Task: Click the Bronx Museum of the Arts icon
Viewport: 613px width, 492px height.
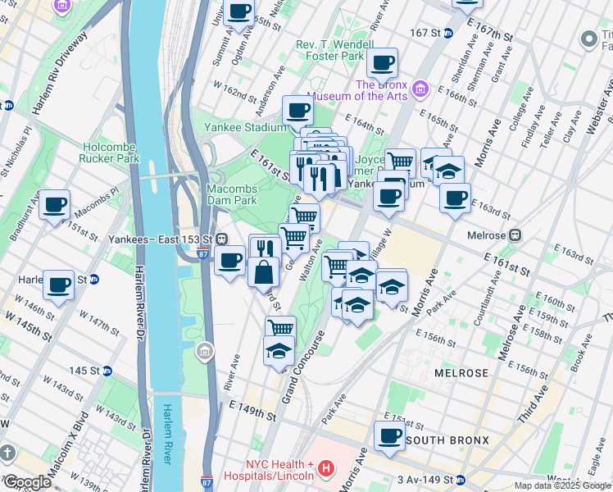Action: coord(420,88)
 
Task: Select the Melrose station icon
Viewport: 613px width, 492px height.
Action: coord(515,235)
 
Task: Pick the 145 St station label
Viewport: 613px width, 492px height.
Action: coord(84,371)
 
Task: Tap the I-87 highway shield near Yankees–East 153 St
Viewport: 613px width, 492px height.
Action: coord(202,253)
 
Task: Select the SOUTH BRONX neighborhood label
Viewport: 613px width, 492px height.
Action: coord(447,440)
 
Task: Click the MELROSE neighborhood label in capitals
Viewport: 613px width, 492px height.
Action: coord(461,373)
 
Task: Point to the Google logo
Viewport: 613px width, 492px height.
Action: coord(27,481)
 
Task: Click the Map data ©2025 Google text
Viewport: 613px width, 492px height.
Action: coord(561,485)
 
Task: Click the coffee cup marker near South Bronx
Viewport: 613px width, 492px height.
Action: coord(390,435)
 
